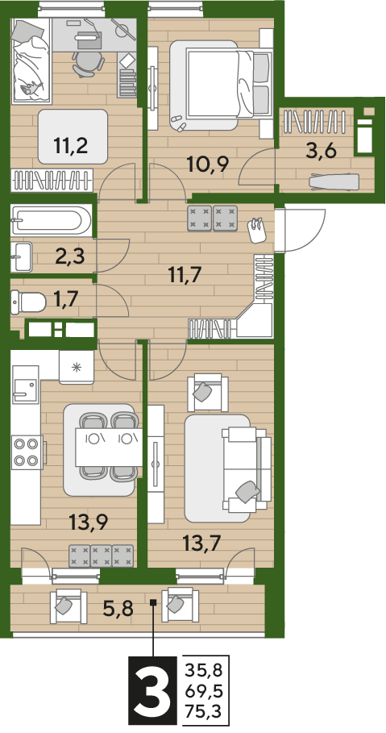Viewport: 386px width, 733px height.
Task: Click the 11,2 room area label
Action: click(71, 146)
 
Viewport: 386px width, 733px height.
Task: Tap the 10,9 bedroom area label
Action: click(207, 164)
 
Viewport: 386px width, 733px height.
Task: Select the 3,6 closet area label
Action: click(321, 151)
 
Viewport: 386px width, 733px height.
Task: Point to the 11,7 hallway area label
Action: click(185, 273)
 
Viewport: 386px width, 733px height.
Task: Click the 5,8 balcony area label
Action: click(118, 608)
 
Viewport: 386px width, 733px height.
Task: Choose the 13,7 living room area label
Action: click(202, 544)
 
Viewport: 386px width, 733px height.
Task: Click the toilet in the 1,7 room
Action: click(28, 302)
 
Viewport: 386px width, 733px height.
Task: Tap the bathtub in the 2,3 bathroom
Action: click(51, 219)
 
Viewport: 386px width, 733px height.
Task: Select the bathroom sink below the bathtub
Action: click(22, 256)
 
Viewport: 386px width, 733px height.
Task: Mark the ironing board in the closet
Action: click(334, 181)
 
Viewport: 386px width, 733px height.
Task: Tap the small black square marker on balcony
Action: click(153, 602)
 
